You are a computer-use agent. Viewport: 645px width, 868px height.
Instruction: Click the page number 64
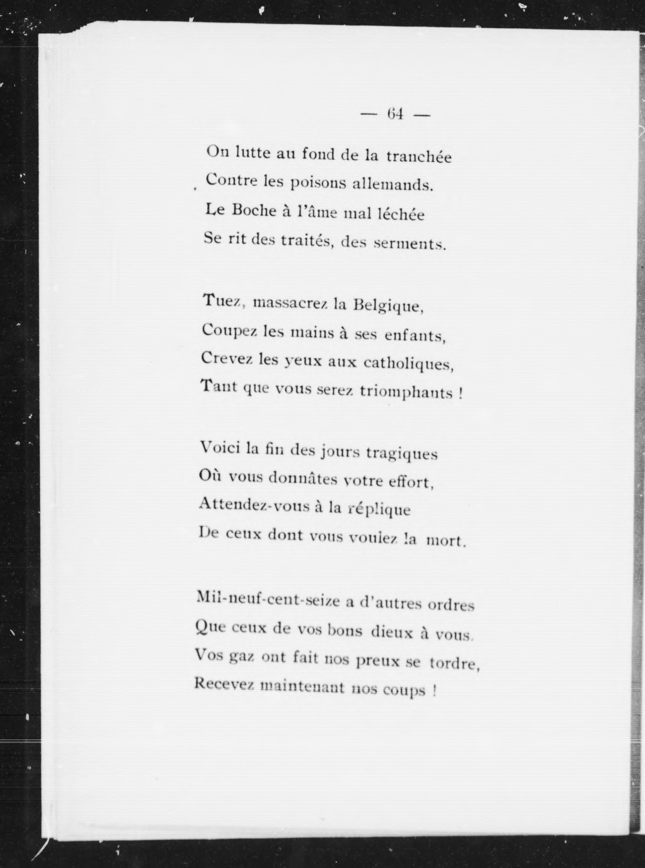click(395, 114)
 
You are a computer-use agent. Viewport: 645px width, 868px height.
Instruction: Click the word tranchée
click(419, 157)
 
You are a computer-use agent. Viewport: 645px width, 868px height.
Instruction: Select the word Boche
click(254, 211)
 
